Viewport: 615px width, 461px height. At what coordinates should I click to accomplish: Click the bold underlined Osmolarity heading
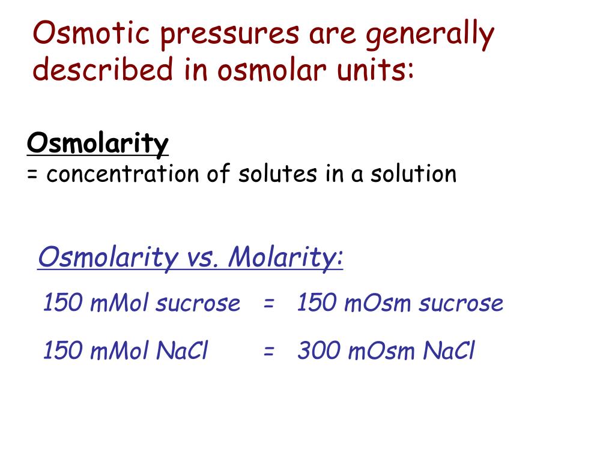point(98,144)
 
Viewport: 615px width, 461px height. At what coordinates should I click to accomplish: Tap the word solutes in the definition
point(274,174)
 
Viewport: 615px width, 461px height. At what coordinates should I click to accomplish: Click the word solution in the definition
point(413,174)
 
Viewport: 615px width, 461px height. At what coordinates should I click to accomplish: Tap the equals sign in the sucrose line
point(268,304)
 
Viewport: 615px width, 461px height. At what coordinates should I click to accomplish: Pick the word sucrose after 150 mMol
point(198,304)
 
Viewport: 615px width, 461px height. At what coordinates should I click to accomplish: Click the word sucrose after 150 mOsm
point(461,304)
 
